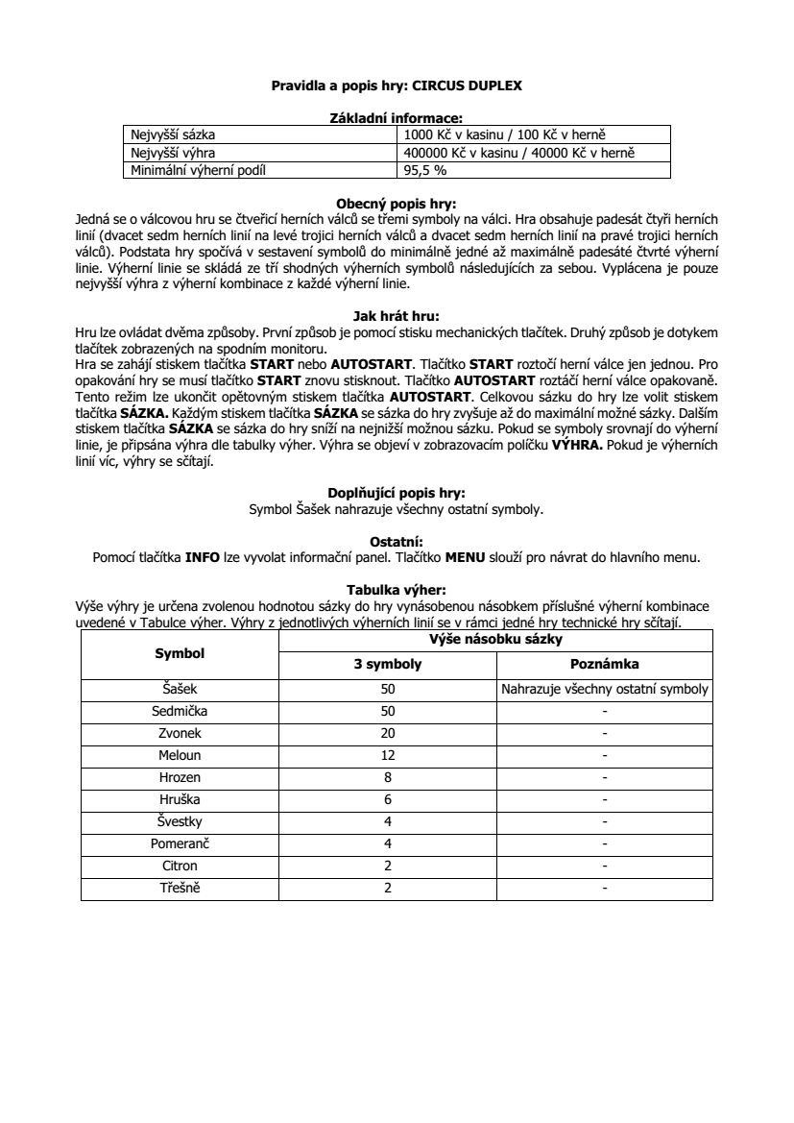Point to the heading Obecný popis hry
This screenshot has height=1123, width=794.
coord(397,204)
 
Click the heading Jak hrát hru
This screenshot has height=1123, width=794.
coord(397,313)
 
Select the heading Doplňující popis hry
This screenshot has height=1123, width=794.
coord(397,494)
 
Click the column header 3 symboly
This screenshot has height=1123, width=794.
coord(388,664)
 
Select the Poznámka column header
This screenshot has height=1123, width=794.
coord(604,664)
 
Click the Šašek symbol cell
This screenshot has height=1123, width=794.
coord(180,689)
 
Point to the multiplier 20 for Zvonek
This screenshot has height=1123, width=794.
coord(388,733)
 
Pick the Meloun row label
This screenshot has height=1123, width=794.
coord(180,755)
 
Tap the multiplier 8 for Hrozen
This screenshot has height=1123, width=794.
coord(388,777)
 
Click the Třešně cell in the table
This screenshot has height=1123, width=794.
coord(180,888)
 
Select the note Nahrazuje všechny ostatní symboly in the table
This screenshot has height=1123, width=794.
coord(604,689)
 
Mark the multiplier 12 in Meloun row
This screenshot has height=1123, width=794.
coord(388,755)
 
